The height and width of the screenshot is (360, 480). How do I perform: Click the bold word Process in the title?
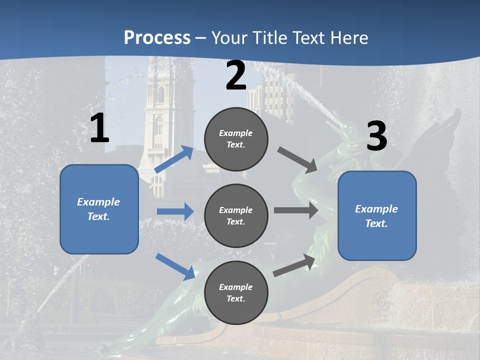click(x=157, y=38)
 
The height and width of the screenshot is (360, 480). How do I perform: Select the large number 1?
click(x=99, y=128)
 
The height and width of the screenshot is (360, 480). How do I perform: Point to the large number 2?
click(x=236, y=75)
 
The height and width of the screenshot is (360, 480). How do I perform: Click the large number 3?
click(x=376, y=136)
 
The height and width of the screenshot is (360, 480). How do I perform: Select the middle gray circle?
click(x=236, y=215)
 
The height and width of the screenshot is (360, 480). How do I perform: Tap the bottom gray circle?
click(x=236, y=292)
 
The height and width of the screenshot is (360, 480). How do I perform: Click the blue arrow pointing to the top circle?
click(x=174, y=159)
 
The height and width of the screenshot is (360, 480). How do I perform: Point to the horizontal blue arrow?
click(x=175, y=211)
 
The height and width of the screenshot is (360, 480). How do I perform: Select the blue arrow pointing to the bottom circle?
click(x=175, y=266)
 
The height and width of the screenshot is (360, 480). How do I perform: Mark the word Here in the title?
click(x=349, y=38)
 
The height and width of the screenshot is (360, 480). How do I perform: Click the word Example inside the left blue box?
click(x=98, y=202)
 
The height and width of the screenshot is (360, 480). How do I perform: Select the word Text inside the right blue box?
click(x=376, y=223)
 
